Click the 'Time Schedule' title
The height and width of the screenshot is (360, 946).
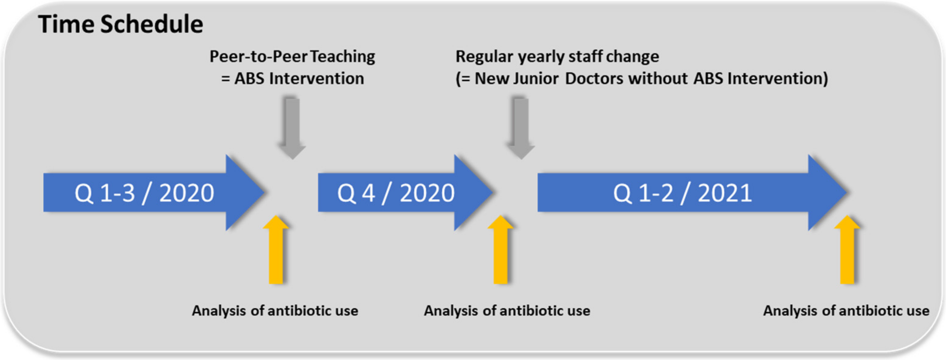(121, 24)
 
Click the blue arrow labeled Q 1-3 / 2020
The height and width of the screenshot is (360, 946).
(147, 193)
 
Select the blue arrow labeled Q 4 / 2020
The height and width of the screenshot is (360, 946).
(396, 193)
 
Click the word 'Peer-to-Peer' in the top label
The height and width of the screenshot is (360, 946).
(258, 57)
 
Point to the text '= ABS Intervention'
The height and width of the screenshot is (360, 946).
(293, 79)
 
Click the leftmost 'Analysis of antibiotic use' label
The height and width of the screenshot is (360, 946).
(275, 311)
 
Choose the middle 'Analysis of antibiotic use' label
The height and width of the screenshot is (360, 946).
(507, 311)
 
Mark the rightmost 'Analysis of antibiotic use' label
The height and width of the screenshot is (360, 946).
(846, 311)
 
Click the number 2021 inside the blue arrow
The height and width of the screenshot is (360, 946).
(725, 193)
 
